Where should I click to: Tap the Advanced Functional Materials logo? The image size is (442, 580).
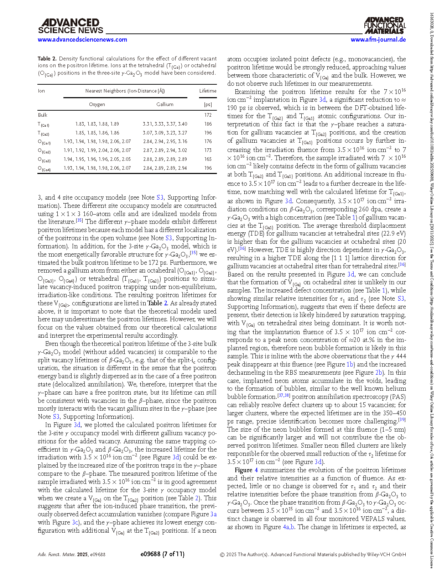point(385,25)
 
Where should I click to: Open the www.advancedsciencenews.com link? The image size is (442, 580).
point(82,39)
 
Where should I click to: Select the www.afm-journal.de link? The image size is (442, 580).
point(378,39)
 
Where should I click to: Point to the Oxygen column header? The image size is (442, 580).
point(97,104)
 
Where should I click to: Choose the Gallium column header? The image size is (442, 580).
point(165,104)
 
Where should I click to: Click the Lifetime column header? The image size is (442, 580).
point(208,91)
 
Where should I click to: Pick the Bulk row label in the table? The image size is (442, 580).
point(43,115)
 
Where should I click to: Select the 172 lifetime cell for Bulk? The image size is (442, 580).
point(208,115)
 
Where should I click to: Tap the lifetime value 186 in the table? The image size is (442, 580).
point(208,124)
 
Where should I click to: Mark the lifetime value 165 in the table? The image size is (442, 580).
point(208,159)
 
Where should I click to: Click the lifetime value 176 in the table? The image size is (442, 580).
point(208,141)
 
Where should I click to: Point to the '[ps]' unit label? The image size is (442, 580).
point(208,104)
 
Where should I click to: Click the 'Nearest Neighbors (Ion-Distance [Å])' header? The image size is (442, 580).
point(125,91)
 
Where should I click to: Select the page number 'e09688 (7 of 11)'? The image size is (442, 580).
point(162,554)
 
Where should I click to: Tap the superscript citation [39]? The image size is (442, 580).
point(402,420)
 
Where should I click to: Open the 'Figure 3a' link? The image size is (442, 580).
point(213,514)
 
